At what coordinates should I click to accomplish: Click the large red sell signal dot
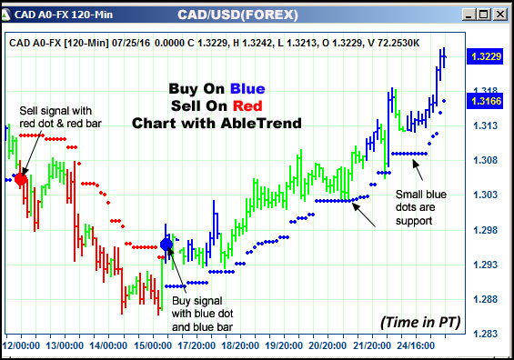coord(22,179)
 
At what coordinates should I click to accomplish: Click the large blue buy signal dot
coord(166,244)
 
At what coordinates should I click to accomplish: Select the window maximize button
coord(483,14)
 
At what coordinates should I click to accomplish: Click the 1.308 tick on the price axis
coord(484,161)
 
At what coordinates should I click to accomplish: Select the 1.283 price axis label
coord(484,334)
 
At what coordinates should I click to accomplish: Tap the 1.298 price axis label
coord(484,230)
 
